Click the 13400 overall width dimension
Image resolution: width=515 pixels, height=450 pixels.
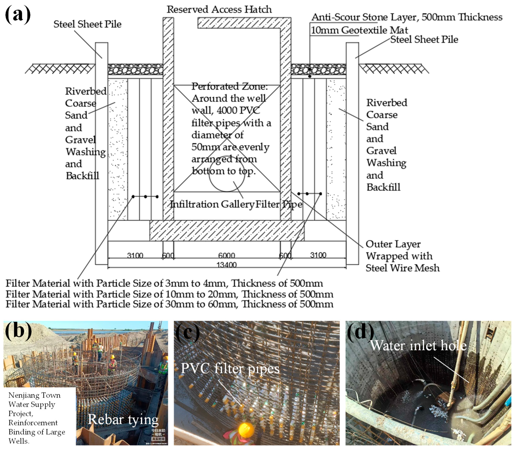point(226,265)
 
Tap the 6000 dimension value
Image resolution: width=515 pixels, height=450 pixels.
point(226,256)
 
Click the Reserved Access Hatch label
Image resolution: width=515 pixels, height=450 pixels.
point(219,9)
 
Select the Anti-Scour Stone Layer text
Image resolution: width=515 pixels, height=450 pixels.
point(407,17)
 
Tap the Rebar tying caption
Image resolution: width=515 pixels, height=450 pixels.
point(123,420)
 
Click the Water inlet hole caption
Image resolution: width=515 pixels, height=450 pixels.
point(418,346)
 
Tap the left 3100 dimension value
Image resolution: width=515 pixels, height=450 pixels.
point(135,256)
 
